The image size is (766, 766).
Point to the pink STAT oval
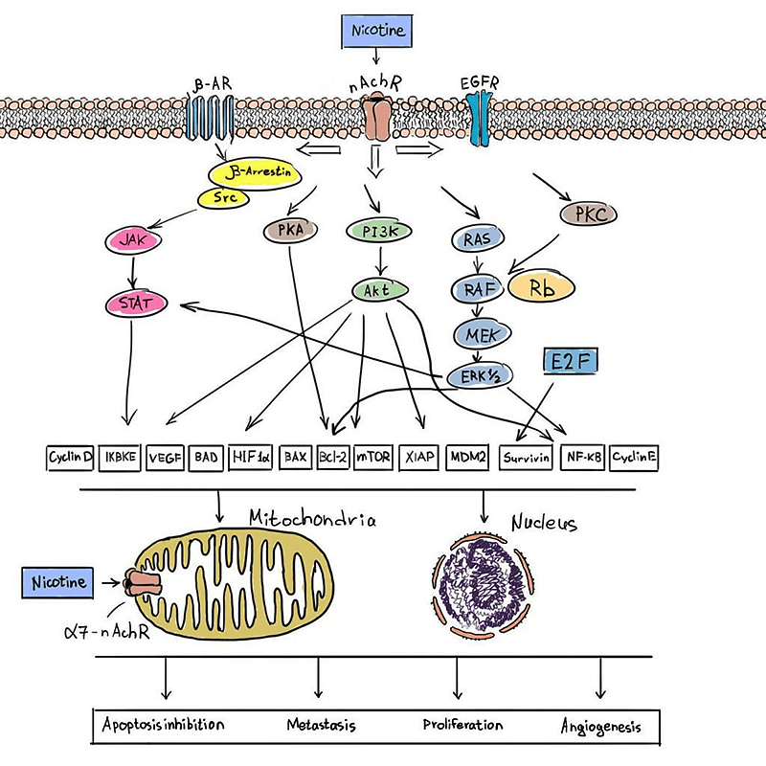(x=137, y=305)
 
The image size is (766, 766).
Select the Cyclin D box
(x=70, y=458)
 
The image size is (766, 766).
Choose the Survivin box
(x=527, y=458)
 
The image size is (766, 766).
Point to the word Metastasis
(x=321, y=724)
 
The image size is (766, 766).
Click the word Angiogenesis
(x=600, y=726)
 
